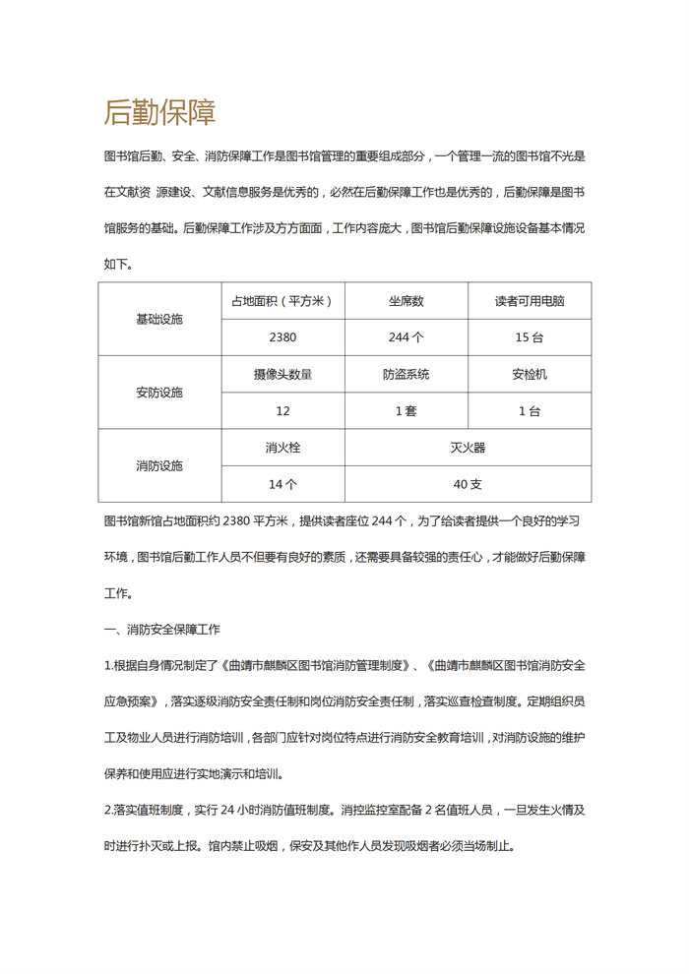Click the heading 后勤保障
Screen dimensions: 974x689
pos(159,113)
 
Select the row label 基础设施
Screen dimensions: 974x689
pos(159,319)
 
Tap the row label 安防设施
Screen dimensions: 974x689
pos(159,393)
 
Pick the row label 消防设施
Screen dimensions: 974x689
pos(159,465)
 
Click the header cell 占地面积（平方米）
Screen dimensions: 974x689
pos(282,301)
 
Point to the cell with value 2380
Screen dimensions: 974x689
pos(282,337)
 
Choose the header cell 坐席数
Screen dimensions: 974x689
pos(406,301)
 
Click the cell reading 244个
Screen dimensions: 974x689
pos(406,337)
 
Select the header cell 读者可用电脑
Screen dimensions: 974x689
pos(530,301)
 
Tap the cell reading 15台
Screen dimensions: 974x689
pos(530,337)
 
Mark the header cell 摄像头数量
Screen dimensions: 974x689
pos(282,374)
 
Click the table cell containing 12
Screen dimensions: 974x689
pos(282,411)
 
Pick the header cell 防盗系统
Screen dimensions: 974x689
pos(406,374)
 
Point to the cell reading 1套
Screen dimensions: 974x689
pos(406,411)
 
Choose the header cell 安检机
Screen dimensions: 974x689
pos(530,374)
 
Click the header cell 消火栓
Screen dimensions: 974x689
pos(282,448)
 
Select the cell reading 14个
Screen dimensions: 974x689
pos(282,484)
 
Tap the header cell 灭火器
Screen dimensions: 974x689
pos(468,448)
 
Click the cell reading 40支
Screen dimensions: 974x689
pos(468,484)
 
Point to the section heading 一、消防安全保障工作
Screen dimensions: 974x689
pos(162,629)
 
